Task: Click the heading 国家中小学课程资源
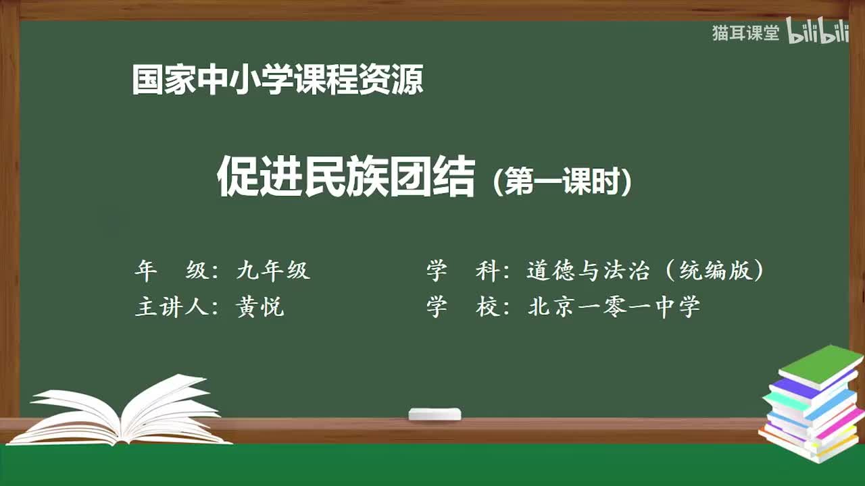(x=277, y=80)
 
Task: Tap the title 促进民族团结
(x=345, y=176)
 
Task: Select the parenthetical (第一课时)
(x=562, y=182)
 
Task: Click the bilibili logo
(x=817, y=32)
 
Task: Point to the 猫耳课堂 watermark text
(x=745, y=33)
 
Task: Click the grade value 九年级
(x=273, y=271)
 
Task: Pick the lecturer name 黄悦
(x=259, y=307)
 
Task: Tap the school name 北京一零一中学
(x=614, y=307)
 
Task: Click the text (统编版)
(x=714, y=271)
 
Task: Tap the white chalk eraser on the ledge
(x=435, y=414)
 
